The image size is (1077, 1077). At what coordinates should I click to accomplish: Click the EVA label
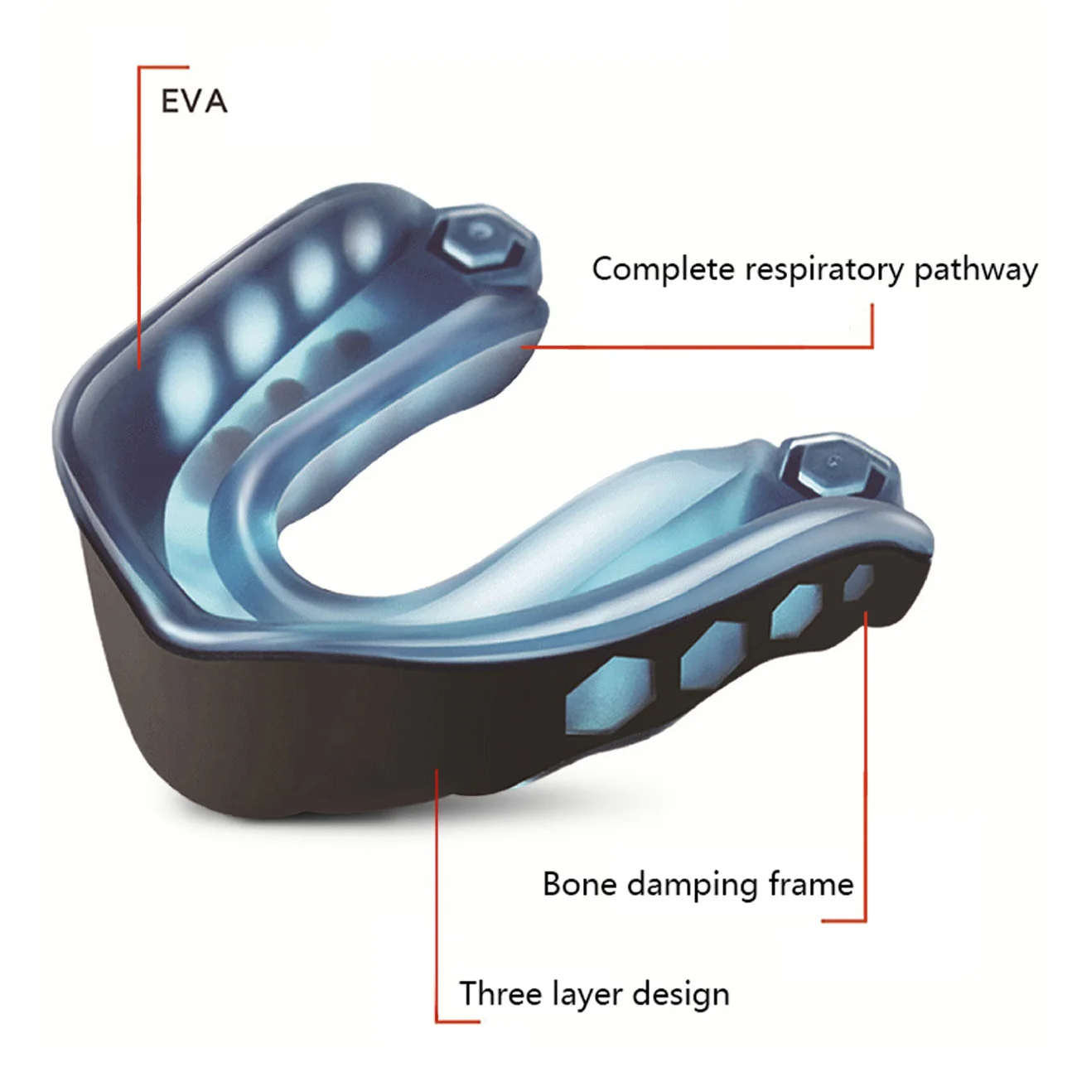(194, 102)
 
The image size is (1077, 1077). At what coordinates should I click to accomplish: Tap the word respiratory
(824, 272)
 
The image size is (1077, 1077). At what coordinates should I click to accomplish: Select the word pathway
(976, 272)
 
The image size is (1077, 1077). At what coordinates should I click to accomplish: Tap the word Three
(500, 993)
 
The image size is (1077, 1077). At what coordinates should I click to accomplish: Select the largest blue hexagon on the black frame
(609, 695)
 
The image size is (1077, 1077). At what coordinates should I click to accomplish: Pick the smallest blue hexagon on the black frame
(858, 582)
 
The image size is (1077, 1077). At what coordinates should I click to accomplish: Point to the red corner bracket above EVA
(139, 68)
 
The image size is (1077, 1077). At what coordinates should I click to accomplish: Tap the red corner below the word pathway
(872, 347)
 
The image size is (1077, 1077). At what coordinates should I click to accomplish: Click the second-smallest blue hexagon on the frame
(796, 612)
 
